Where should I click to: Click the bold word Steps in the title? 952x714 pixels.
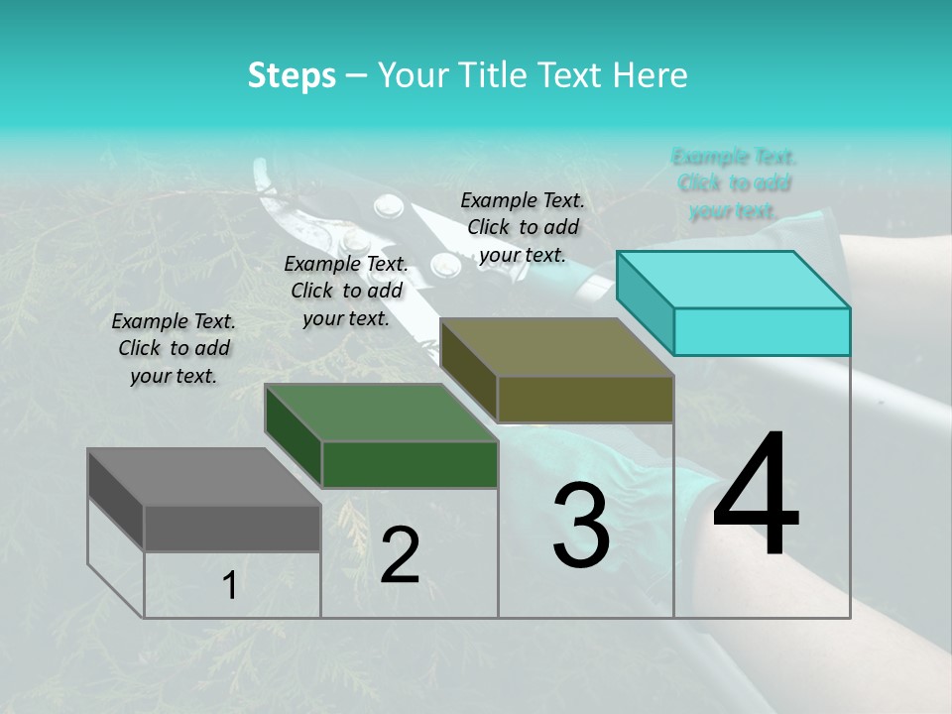[292, 75]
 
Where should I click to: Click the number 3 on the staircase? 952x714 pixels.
[581, 526]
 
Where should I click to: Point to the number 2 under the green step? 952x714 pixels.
[400, 555]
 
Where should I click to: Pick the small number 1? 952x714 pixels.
[230, 586]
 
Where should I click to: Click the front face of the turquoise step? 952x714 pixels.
[762, 331]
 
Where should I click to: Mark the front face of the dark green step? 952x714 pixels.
[410, 464]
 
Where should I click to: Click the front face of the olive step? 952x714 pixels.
[585, 399]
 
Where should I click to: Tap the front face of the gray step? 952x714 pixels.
[232, 528]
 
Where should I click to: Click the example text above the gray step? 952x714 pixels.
[174, 348]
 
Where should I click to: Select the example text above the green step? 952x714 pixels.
[346, 291]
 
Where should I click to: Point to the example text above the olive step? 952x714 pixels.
[523, 227]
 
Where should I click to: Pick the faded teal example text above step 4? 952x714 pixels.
[734, 183]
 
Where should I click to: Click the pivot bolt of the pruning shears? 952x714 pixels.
[388, 207]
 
